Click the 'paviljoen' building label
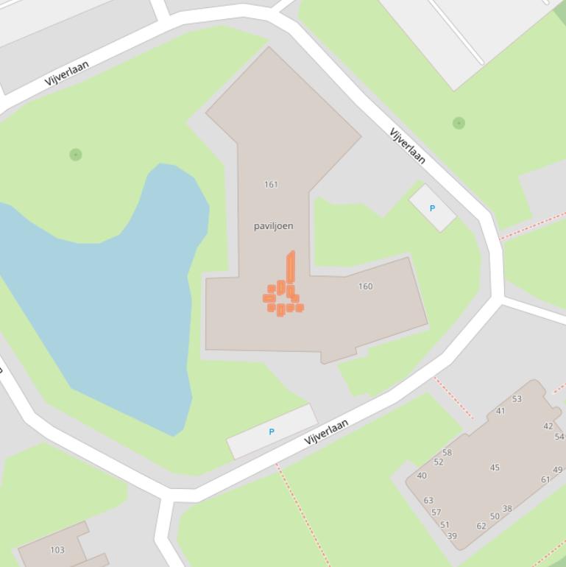[273, 226]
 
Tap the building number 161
[271, 185]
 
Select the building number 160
[365, 286]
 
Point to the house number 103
[57, 550]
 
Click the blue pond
[110, 295]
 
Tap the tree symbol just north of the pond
[75, 155]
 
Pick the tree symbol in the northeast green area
[459, 123]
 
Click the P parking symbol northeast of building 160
[432, 208]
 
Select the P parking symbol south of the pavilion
[272, 432]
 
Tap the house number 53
[517, 399]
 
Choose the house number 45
[495, 468]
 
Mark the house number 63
[428, 501]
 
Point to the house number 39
[452, 536]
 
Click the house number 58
[447, 453]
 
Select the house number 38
[507, 509]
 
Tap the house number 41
[500, 412]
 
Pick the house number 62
[481, 526]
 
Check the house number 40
[422, 476]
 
